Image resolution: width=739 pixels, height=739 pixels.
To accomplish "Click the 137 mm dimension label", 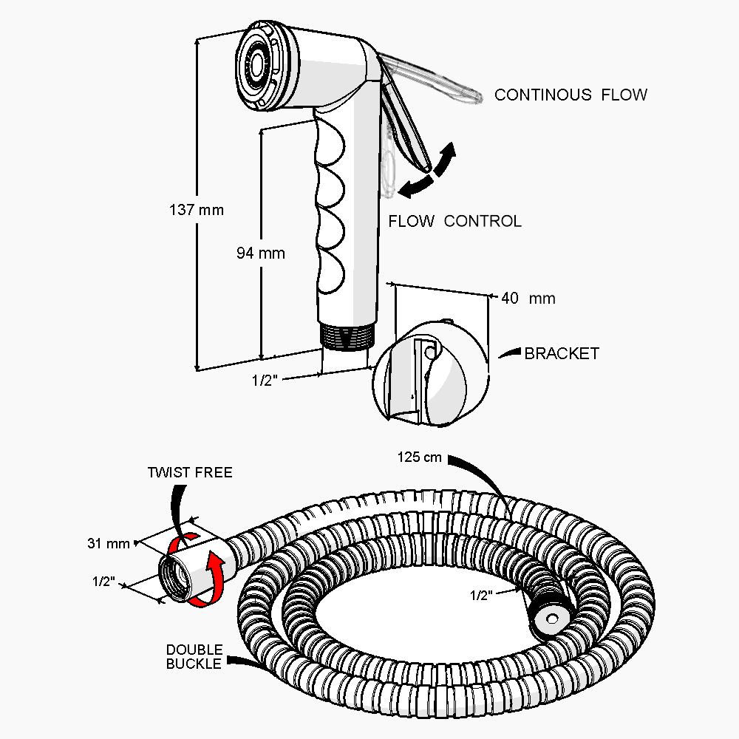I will [196, 210].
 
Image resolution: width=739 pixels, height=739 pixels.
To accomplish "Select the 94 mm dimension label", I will [260, 253].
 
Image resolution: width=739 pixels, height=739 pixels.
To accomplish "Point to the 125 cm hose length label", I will [419, 457].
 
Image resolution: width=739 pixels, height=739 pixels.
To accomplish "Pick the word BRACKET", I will [562, 354].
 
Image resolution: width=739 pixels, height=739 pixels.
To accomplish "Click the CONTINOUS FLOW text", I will [571, 95].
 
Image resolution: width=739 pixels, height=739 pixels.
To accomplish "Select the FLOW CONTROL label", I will [454, 221].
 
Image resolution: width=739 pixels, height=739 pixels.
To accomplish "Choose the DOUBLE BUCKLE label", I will [194, 656].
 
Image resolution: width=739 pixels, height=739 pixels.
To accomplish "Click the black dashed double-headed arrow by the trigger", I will [426, 171].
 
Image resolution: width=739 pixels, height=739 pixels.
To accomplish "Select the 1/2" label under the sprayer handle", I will [265, 381].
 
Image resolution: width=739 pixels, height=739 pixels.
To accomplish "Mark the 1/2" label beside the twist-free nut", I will [104, 582].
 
